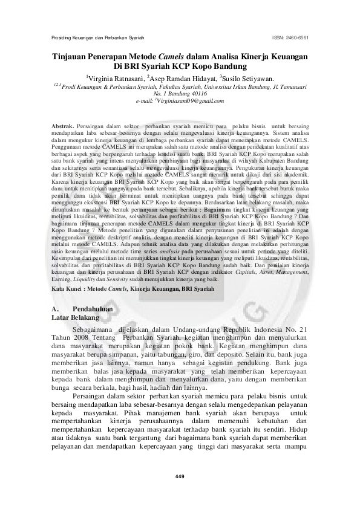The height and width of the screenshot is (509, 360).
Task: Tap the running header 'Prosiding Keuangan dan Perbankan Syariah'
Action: (x=93, y=37)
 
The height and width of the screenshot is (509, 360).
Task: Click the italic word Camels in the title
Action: (x=175, y=56)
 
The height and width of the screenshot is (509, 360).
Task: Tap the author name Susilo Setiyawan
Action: (x=249, y=77)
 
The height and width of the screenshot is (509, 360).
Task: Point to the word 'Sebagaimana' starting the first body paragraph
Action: (x=93, y=328)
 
